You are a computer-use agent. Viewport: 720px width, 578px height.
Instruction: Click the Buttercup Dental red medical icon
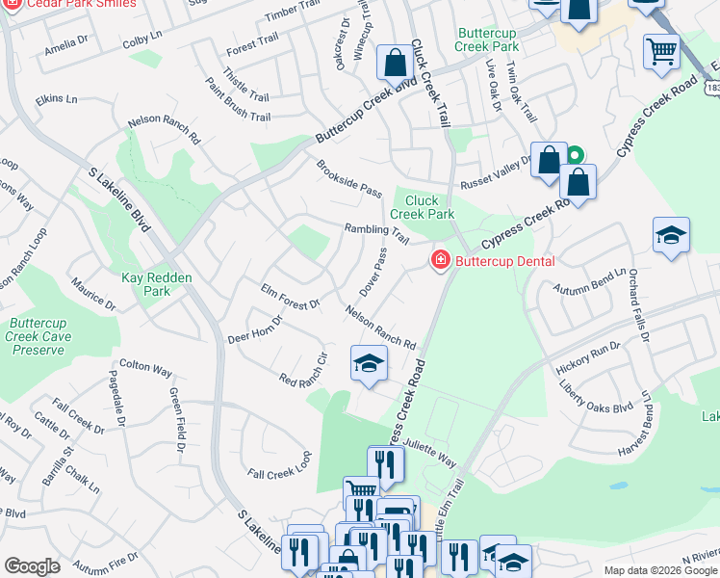(x=440, y=261)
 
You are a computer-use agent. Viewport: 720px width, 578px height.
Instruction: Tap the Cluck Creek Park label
(x=423, y=206)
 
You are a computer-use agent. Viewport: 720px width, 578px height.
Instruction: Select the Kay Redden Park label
(x=157, y=284)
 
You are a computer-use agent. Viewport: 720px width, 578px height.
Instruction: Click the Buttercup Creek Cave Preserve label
(x=39, y=337)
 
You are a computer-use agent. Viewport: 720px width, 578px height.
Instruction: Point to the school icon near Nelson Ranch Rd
(x=367, y=364)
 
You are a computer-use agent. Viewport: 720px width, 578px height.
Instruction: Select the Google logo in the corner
(x=32, y=565)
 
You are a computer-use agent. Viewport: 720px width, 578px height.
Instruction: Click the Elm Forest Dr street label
(x=289, y=297)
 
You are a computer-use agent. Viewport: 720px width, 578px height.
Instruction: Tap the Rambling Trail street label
(x=377, y=231)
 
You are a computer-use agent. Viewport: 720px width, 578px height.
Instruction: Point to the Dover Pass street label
(x=373, y=272)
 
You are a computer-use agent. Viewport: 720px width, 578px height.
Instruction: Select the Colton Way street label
(x=147, y=370)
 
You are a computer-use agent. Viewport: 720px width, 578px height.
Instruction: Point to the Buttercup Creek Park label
(x=489, y=39)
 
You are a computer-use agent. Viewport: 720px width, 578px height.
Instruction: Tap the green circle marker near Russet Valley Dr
(x=575, y=154)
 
